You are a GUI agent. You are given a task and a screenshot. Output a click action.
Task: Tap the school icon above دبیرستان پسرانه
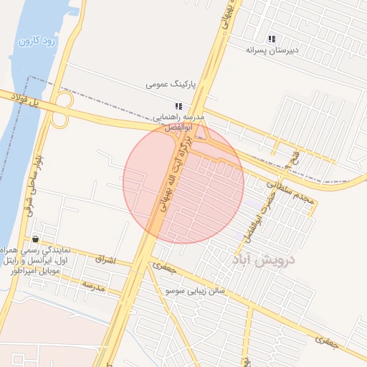(x=272, y=39)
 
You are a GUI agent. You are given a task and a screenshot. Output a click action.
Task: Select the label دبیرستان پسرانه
(x=272, y=50)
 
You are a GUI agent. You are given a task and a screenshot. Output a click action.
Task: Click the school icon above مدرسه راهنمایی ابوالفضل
(x=178, y=106)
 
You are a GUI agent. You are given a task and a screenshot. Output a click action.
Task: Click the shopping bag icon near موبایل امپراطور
(x=35, y=239)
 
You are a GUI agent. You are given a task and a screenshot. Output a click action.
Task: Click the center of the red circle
(x=183, y=183)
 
